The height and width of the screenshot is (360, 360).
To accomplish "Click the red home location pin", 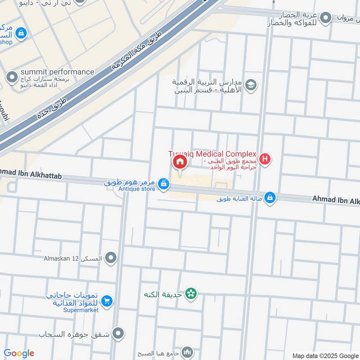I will click(179, 162).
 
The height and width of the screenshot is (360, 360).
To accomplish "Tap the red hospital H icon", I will click(265, 159).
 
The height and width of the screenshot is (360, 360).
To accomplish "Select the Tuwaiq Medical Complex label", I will click(212, 153).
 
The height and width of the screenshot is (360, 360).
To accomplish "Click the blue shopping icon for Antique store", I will click(164, 184).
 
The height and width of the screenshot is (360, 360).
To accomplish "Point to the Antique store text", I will click(137, 189).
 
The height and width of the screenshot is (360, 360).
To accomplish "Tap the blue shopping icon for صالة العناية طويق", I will click(270, 198).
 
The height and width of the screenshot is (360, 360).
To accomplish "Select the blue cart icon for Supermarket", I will click(107, 301).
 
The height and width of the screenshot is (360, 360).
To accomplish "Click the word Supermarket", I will click(81, 310).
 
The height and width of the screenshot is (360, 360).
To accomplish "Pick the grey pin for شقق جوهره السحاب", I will click(118, 333).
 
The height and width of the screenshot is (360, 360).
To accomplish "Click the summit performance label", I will click(58, 72).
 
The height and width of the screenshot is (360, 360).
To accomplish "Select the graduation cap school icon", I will click(251, 84).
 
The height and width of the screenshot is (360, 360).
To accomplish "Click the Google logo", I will click(19, 353).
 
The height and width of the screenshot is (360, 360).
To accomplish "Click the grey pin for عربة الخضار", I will click(326, 18).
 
